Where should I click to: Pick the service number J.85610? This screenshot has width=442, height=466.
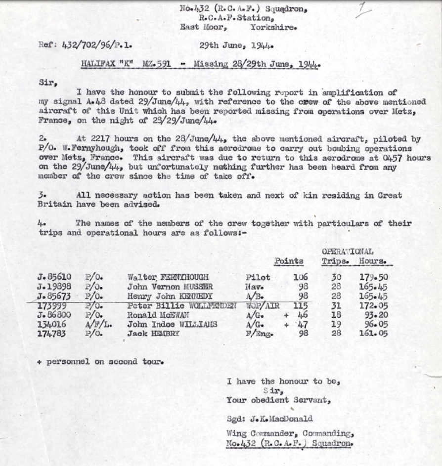54,277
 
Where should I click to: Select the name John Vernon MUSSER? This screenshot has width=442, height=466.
170,287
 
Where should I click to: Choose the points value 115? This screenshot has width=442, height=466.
300,305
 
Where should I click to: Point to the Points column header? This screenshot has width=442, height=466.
289,261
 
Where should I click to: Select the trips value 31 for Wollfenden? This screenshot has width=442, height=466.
336,305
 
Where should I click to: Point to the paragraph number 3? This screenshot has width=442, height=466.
42,195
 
